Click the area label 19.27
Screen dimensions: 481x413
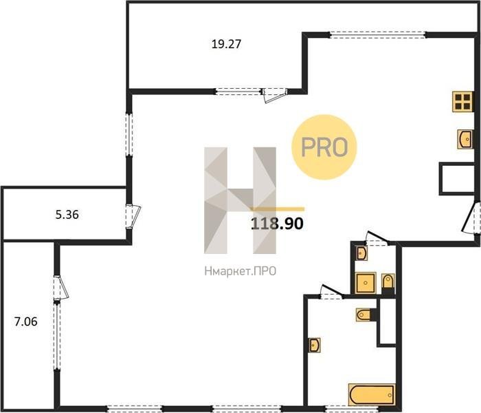[x=226, y=44]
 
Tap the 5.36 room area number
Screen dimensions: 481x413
[x=67, y=215]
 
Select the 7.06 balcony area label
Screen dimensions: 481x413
[x=26, y=321]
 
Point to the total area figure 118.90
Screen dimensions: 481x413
[x=277, y=224]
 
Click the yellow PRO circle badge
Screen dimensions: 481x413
[x=324, y=147]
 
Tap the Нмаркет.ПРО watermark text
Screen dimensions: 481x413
[x=240, y=271]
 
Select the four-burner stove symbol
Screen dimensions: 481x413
[x=462, y=102]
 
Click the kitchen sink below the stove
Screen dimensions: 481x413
[x=465, y=139]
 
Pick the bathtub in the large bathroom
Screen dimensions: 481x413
[x=372, y=394]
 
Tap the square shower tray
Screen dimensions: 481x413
[x=366, y=283]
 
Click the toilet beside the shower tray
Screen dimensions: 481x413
[x=388, y=282]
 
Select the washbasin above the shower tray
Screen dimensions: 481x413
[x=361, y=253]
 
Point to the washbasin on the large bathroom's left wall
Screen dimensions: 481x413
[x=315, y=346]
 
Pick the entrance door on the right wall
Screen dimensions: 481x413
[x=471, y=218]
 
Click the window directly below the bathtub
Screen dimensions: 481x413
[x=348, y=409]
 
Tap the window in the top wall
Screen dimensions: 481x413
[x=378, y=34]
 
